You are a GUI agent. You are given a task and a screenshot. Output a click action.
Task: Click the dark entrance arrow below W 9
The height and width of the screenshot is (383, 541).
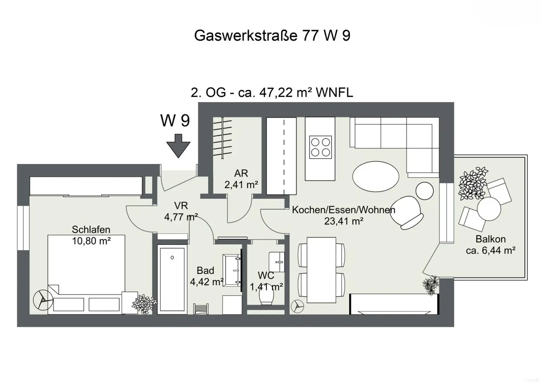coord(178,146)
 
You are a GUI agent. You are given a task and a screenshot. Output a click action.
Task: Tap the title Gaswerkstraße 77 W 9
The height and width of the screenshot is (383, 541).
coord(272,36)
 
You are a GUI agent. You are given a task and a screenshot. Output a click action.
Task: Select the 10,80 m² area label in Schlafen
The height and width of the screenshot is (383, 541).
coord(92,241)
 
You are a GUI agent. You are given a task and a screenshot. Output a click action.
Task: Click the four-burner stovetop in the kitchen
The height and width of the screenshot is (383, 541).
coord(320,147)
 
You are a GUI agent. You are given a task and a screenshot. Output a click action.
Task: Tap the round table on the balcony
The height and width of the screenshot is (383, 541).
coord(489,208)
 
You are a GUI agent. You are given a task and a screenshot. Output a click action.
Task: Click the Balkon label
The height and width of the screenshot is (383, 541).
coord(490,239)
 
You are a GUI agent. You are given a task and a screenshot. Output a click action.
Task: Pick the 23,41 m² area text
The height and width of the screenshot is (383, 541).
coord(343,221)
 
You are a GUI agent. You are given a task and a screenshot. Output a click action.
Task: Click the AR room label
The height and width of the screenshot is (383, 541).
coord(241,173)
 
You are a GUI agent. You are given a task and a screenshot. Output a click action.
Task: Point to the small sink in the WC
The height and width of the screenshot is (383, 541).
coord(276,261)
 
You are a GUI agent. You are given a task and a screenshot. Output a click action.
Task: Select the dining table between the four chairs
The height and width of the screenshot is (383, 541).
coord(321,270)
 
